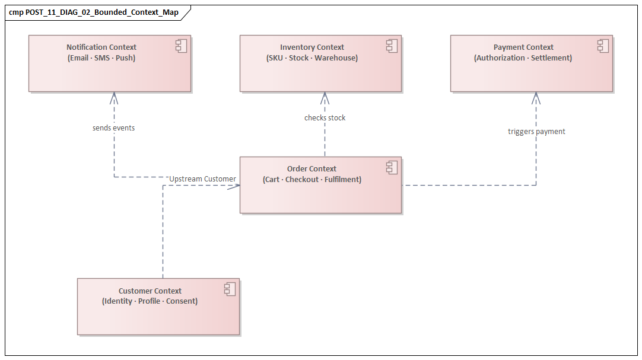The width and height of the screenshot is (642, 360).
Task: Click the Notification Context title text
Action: pos(101,47)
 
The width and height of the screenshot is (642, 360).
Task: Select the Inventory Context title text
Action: pos(312,47)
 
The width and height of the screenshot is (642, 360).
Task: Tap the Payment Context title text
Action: pos(523,47)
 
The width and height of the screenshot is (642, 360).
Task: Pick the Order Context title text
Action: pos(312,169)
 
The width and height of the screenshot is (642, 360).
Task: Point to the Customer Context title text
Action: pos(150,291)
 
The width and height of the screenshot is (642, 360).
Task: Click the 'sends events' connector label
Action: pos(113,128)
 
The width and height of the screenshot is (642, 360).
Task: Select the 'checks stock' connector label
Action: pos(325,118)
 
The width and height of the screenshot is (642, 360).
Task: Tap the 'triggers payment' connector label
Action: pos(536,132)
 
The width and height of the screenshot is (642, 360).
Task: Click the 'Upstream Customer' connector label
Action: pos(202,179)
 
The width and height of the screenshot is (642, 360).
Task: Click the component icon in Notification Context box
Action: pos(180,46)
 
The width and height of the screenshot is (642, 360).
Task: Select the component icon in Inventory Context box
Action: pos(392,46)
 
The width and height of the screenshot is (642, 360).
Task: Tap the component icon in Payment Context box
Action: pos(602,46)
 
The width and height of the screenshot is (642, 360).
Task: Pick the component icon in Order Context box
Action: pos(392,167)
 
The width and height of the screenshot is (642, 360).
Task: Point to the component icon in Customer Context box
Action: pos(230,289)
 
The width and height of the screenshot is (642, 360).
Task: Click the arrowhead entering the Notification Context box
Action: pos(113,95)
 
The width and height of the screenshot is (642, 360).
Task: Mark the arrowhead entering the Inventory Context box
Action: pos(325,95)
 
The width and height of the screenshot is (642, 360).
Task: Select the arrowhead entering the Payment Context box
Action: pos(536,95)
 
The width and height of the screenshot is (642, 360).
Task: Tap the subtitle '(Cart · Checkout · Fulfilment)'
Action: pos(312,180)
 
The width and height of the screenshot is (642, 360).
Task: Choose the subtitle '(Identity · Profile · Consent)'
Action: pos(150,301)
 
